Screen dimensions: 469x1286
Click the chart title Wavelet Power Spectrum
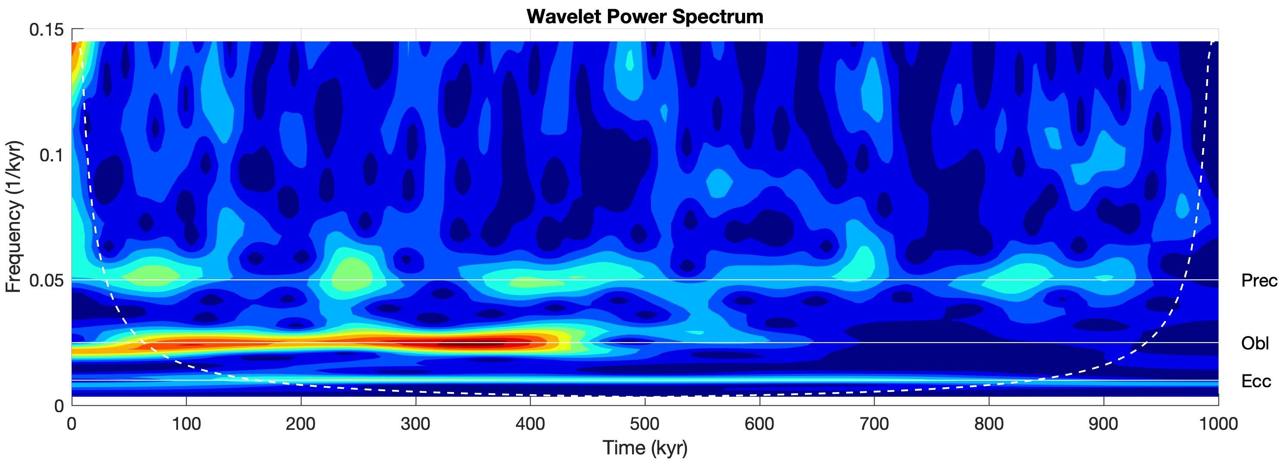645,16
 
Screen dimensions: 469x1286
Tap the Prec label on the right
1258,281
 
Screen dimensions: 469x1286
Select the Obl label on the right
1255,344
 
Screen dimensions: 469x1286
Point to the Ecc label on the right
1255,382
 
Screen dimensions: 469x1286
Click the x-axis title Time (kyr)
645,448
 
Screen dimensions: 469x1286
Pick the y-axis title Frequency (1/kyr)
14,216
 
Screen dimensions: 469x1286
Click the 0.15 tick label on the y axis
46,30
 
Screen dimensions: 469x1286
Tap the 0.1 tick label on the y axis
52,155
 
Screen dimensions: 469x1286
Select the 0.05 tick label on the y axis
46,281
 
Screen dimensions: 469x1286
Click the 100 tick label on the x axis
186,425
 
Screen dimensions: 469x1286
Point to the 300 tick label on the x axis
415,425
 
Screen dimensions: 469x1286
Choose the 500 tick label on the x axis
645,425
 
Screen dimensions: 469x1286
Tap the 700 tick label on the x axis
874,425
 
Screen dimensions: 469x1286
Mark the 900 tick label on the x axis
1103,425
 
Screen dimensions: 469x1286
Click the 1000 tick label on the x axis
1218,425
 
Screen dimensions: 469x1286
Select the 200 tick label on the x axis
301,425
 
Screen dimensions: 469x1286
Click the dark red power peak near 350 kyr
474,344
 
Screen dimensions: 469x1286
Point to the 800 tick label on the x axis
989,425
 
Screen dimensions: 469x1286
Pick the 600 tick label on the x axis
759,425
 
